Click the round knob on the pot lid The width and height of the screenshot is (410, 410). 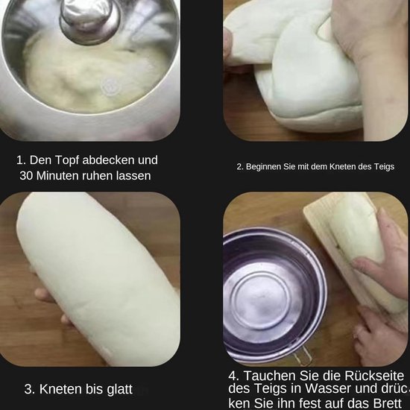pos(88,19)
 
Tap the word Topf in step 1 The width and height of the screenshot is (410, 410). pos(66,160)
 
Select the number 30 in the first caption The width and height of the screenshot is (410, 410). pos(26,176)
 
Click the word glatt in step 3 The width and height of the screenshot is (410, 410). pos(119,389)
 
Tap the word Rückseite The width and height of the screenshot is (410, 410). pos(374,376)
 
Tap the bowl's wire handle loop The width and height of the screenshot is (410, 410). pos(303,356)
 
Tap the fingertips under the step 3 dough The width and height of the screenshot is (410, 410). pos(51,306)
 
